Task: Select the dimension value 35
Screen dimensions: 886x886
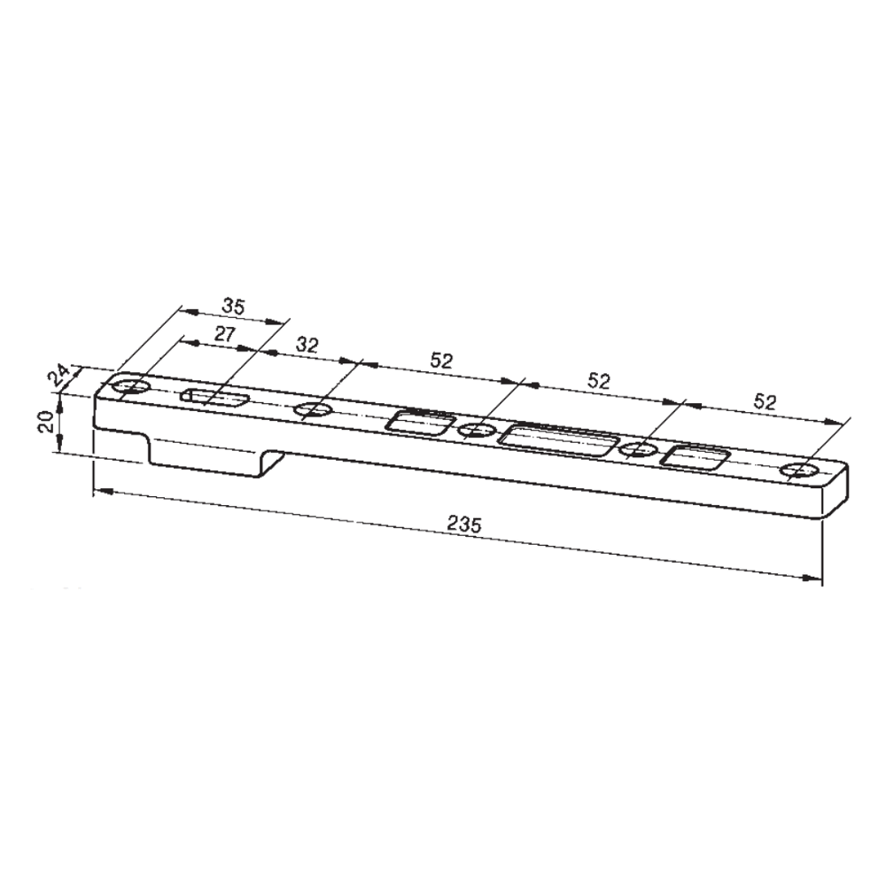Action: [x=233, y=307]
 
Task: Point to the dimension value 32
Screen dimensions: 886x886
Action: [x=307, y=346]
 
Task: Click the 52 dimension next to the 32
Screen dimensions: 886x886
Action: [x=441, y=361]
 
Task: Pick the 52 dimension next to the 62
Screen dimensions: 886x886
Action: [x=599, y=382]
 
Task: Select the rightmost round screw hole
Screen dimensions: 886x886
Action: [x=800, y=470]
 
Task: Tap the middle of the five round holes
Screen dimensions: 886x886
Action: [x=478, y=431]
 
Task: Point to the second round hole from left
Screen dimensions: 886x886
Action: [x=312, y=409]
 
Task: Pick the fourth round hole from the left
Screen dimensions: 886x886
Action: [x=636, y=449]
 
